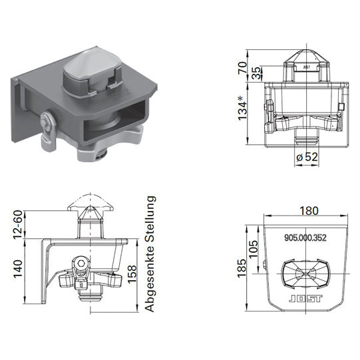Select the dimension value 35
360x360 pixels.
coord(257,73)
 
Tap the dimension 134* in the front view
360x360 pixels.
coord(244,110)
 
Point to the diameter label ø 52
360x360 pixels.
coord(304,156)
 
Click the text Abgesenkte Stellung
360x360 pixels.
coord(150,254)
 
